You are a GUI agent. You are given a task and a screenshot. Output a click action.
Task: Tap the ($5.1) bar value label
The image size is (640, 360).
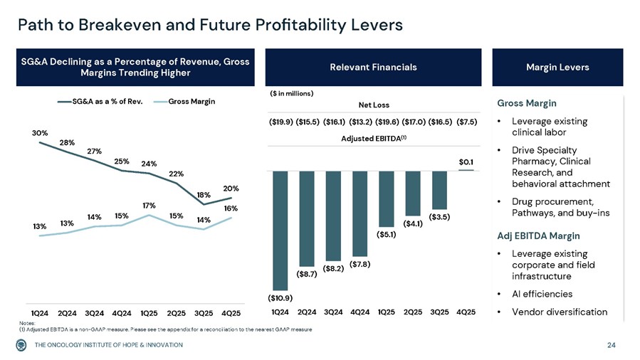(387, 231)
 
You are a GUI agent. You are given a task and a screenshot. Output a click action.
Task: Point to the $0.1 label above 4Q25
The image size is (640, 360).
(466, 162)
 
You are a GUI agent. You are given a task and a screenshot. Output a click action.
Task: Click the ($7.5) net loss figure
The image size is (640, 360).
(466, 122)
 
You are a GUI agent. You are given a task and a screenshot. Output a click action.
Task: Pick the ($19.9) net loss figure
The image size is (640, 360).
(280, 122)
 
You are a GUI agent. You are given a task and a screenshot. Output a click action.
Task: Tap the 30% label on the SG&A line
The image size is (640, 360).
(39, 133)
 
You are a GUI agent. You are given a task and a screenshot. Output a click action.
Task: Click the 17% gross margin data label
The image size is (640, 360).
(148, 206)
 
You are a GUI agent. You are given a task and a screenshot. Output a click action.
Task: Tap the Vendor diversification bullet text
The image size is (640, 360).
(559, 312)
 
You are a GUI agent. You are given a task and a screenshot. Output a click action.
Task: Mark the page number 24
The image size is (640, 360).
(611, 345)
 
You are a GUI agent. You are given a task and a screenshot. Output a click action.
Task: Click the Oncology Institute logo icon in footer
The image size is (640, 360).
(22, 345)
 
